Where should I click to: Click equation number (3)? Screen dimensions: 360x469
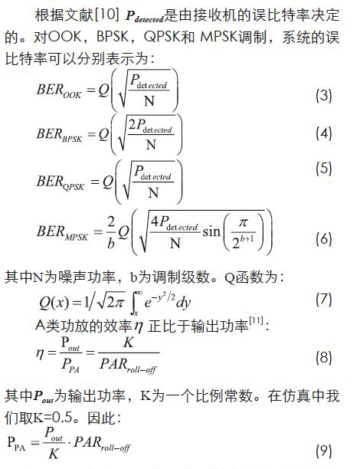point(324,96)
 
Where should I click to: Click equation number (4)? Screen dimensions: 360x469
point(324,133)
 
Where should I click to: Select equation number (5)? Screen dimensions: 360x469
point(324,169)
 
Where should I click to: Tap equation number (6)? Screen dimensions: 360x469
point(324,239)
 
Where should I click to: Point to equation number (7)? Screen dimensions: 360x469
point(324,300)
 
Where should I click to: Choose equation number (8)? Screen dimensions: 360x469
point(324,357)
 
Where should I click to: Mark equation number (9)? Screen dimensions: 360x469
point(324,451)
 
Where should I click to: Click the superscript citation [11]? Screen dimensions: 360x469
point(256,320)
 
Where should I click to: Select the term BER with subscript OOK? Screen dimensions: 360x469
point(59,91)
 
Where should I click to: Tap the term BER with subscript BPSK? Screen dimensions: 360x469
point(59,135)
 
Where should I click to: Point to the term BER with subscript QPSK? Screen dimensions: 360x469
point(61,182)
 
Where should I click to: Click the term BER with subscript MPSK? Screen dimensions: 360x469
point(62,233)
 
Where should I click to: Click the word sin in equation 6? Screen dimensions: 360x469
point(211,231)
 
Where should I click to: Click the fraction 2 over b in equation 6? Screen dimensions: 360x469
point(111,232)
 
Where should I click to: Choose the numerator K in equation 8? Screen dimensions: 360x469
point(128,343)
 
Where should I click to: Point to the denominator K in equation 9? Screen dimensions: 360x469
point(54,454)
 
